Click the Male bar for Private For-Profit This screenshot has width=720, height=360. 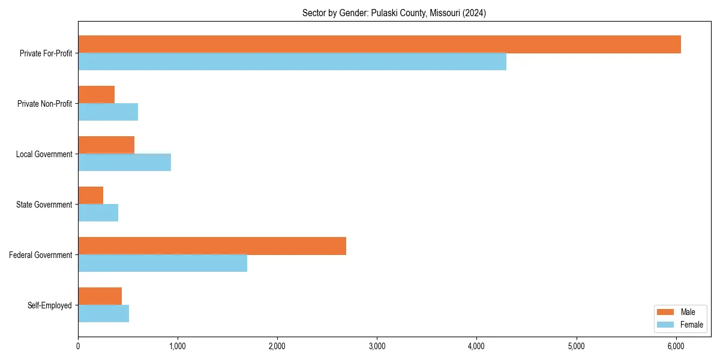379,44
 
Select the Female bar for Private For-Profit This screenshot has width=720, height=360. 292,62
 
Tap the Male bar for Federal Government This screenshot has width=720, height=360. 212,246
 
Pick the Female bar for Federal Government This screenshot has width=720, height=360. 163,263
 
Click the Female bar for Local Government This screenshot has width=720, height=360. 124,163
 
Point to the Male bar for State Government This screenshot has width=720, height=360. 91,196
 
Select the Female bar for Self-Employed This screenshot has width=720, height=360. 103,314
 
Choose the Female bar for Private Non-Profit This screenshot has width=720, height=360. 108,112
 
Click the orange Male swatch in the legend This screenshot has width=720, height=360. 665,312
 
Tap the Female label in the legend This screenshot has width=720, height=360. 692,325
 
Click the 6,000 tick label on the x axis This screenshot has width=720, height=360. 676,346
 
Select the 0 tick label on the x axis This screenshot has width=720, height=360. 78,346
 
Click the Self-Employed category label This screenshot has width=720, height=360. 50,305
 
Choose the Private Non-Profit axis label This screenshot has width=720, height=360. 44,104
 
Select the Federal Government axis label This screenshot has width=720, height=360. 41,255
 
